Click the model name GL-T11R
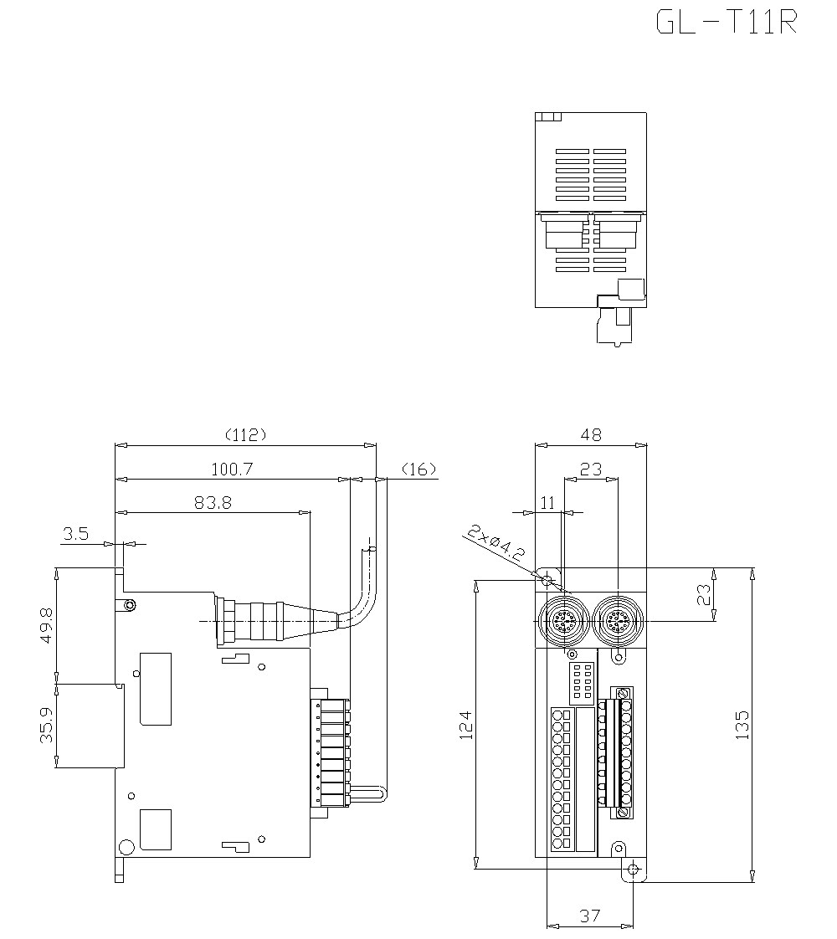(x=726, y=23)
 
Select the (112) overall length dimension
(x=245, y=434)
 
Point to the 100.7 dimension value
(x=232, y=469)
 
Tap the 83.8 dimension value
(x=213, y=502)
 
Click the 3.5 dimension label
(x=75, y=533)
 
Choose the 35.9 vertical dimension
(x=45, y=725)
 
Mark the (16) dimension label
(x=419, y=469)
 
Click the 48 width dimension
(x=590, y=434)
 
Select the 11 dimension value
(x=548, y=502)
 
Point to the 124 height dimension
(x=465, y=725)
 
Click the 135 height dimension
(x=742, y=725)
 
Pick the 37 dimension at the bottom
(x=589, y=916)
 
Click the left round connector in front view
(x=562, y=622)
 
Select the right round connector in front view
(x=618, y=622)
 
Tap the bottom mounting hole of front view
(x=633, y=870)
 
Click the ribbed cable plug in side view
(x=255, y=620)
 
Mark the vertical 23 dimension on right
(x=704, y=594)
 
